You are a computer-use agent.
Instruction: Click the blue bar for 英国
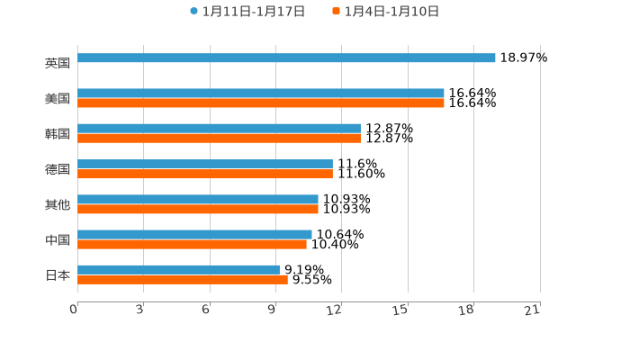[x=286, y=58]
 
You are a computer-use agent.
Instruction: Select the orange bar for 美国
[x=261, y=103]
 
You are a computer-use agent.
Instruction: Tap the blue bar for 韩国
[x=219, y=129]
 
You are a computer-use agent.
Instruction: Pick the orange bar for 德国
[x=205, y=174]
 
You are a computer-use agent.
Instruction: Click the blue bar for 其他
[x=198, y=199]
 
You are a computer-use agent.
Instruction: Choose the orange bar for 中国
[x=192, y=244]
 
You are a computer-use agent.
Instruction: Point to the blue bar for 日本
[x=178, y=269]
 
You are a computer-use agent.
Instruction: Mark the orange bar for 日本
[x=183, y=279]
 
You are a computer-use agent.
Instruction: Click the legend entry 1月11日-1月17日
[x=253, y=12]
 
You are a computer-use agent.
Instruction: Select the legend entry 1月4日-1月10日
[x=391, y=12]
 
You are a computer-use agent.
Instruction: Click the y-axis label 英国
[x=57, y=63]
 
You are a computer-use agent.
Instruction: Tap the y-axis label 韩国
[x=57, y=133]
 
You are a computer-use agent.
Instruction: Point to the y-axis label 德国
[x=57, y=169]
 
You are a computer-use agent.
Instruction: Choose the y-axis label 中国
[x=57, y=239]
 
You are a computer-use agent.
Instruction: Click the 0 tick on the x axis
[x=74, y=310]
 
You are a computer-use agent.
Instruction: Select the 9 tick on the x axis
[x=272, y=310]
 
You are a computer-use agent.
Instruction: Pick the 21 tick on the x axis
[x=532, y=310]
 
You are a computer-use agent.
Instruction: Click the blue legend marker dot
[x=193, y=12]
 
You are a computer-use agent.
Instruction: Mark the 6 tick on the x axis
[x=206, y=310]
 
